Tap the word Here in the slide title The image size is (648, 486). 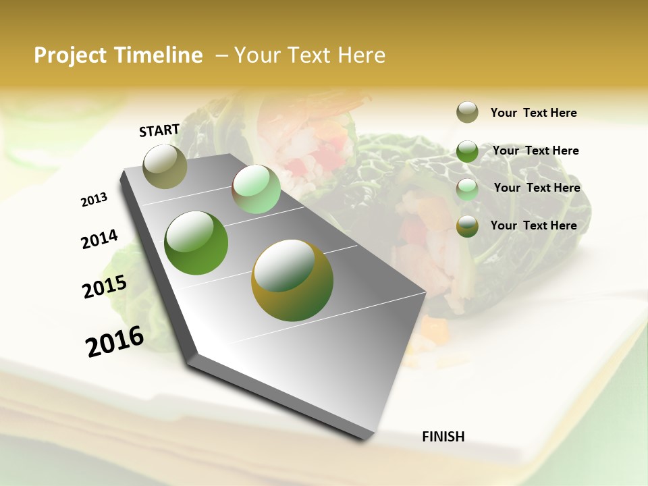pyautogui.click(x=362, y=55)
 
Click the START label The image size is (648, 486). pyautogui.click(x=159, y=130)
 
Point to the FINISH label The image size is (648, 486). pyautogui.click(x=443, y=437)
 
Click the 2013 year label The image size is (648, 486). pyautogui.click(x=94, y=200)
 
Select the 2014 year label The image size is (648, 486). pyautogui.click(x=99, y=239)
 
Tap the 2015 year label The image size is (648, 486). pyautogui.click(x=105, y=287)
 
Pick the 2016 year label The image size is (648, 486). pyautogui.click(x=115, y=342)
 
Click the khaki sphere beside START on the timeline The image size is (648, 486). pyautogui.click(x=165, y=166)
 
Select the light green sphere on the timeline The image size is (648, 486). pyautogui.click(x=256, y=189)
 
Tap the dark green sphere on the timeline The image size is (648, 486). pyautogui.click(x=196, y=243)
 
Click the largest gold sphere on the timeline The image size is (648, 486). pyautogui.click(x=292, y=280)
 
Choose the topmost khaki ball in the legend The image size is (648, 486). pyautogui.click(x=467, y=112)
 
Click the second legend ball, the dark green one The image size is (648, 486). pyautogui.click(x=467, y=151)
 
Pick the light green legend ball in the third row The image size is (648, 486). pyautogui.click(x=467, y=189)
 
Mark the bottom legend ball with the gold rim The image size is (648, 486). pyautogui.click(x=467, y=226)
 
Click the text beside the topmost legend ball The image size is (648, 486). pyautogui.click(x=533, y=113)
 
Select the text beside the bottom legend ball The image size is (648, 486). pyautogui.click(x=533, y=225)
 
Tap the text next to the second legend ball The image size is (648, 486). pyautogui.click(x=535, y=151)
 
